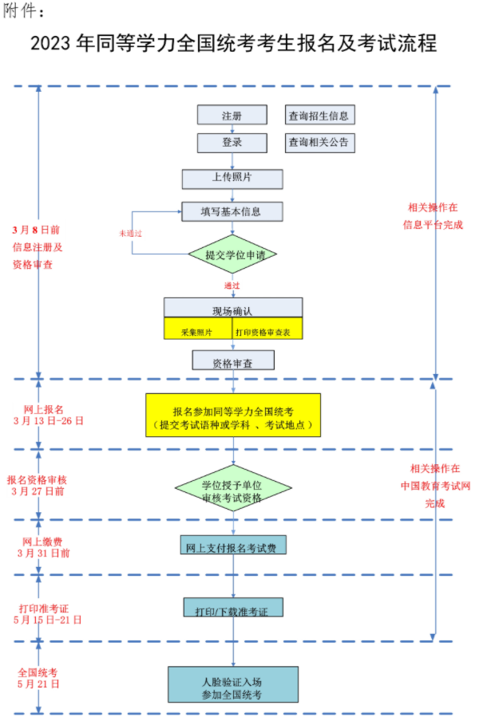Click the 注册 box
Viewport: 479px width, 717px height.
[232, 116]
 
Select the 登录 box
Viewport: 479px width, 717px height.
[232, 143]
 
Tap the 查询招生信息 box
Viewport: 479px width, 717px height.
[319, 116]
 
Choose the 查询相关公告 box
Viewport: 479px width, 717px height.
[319, 143]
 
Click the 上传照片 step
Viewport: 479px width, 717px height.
[232, 178]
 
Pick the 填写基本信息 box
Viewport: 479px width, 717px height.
[232, 211]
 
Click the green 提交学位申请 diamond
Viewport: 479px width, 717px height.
[232, 255]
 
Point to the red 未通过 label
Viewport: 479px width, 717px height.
[131, 233]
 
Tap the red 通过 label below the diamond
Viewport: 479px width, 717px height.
[232, 285]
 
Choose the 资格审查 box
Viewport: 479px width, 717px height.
[232, 360]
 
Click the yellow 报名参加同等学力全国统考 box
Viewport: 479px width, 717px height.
[232, 415]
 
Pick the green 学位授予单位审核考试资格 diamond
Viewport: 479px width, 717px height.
[232, 489]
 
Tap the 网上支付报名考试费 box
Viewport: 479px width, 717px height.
[233, 546]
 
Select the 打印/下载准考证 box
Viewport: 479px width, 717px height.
[232, 609]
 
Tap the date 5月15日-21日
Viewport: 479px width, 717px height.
[48, 620]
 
